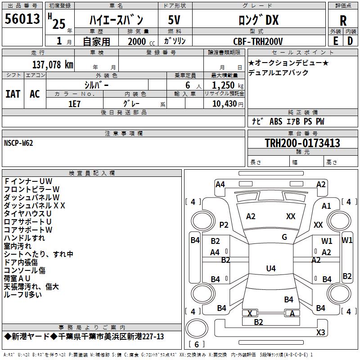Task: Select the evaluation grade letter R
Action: pos(343,20)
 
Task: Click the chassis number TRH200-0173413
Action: pos(302,143)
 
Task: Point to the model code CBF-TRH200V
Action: pos(258,41)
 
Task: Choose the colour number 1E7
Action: pos(74,103)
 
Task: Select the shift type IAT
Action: pos(13,94)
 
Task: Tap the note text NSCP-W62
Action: pos(18,143)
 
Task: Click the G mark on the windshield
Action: pos(284,237)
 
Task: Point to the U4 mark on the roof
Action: pos(270,269)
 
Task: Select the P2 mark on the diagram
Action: pos(224,225)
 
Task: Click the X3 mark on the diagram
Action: pos(320,332)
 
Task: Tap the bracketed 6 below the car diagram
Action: pos(196,344)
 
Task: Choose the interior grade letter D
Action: pos(350,40)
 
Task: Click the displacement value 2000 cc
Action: pos(138,41)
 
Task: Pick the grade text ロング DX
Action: pos(258,20)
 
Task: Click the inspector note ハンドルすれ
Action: pos(24,238)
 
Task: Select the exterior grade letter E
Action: pos(335,40)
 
